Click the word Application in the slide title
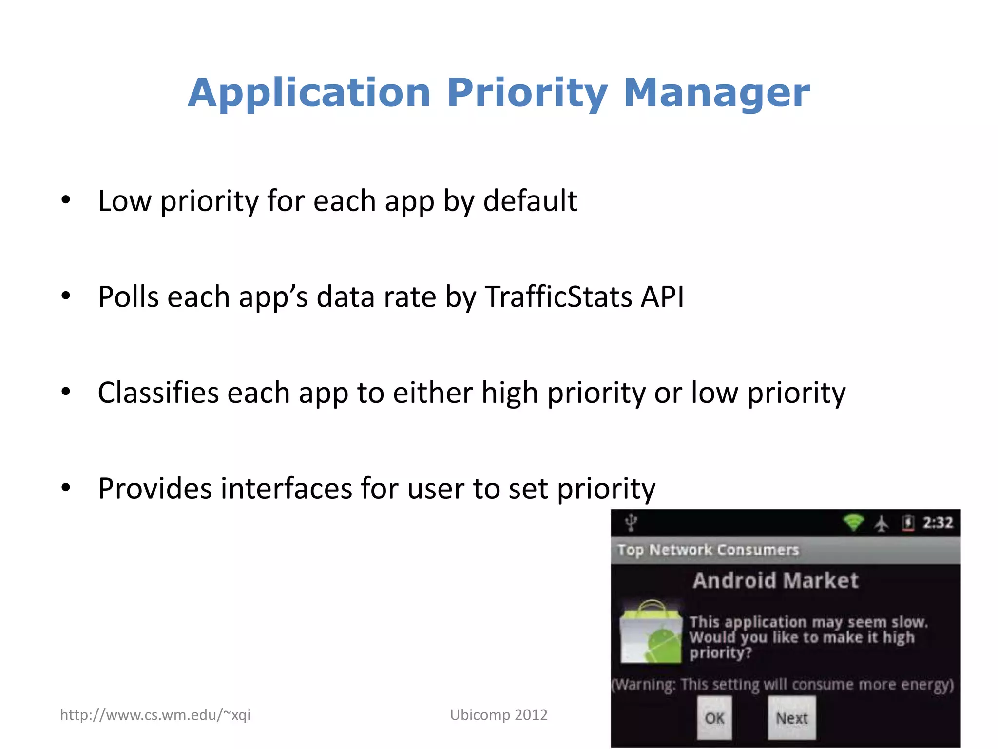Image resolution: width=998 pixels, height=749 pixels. click(x=309, y=94)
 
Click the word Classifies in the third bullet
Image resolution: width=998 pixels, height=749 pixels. click(x=158, y=393)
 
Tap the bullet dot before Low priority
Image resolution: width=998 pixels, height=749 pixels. click(x=66, y=200)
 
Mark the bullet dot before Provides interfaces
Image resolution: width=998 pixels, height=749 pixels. click(x=66, y=487)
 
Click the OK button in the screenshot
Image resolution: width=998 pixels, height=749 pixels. click(x=714, y=718)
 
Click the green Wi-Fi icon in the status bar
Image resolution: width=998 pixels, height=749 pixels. click(x=853, y=523)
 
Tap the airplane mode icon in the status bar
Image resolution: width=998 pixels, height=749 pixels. click(x=881, y=524)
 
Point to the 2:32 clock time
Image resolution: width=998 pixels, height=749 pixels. click(x=938, y=523)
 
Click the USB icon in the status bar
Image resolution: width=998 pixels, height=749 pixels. click(x=631, y=523)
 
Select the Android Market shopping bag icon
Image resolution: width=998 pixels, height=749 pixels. click(x=651, y=633)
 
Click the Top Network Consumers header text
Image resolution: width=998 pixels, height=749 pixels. click(x=708, y=550)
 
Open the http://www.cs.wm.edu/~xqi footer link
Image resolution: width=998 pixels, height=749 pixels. click(x=155, y=715)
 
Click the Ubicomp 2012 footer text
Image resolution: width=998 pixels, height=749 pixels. click(x=499, y=715)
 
